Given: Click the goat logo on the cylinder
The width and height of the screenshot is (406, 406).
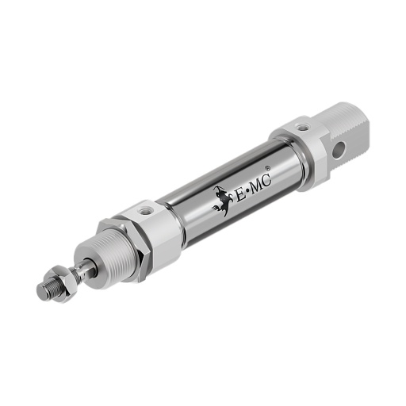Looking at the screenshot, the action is tap(223, 201).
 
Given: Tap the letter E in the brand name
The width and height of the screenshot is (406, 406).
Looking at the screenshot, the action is tap(241, 195).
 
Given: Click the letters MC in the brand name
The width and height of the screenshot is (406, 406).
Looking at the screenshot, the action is tap(261, 183).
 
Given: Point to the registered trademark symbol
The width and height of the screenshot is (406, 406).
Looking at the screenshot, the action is tap(268, 168).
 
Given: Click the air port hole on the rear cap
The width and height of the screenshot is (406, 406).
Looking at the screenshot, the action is tap(301, 127).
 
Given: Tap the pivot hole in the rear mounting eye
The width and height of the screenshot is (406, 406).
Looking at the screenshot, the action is tap(339, 150).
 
